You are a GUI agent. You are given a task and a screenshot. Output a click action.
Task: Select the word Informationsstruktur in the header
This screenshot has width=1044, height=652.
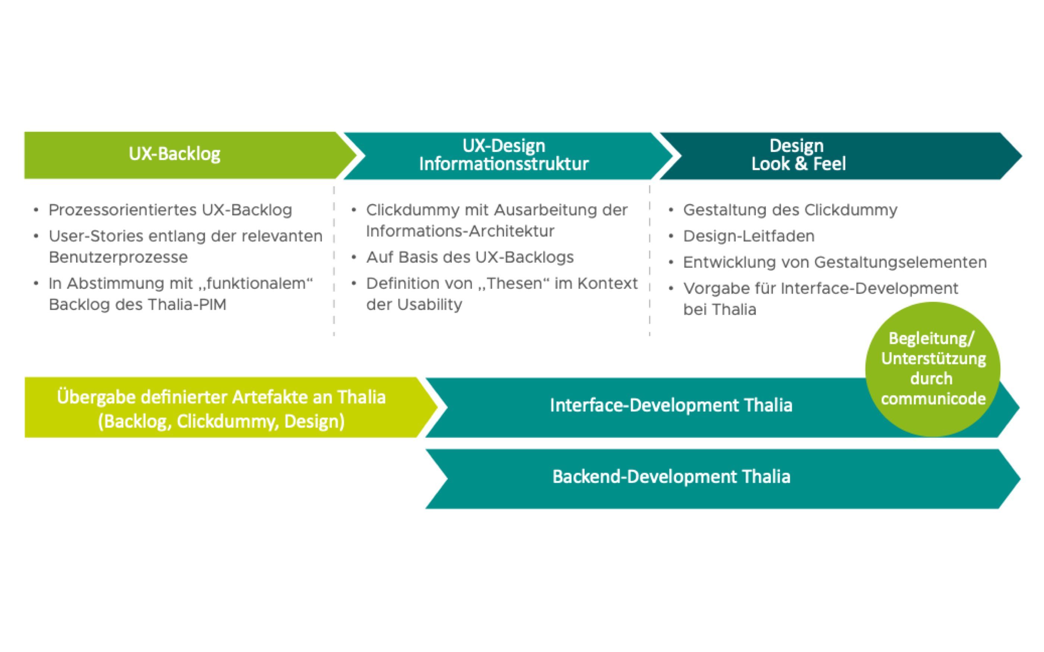pyautogui.click(x=503, y=164)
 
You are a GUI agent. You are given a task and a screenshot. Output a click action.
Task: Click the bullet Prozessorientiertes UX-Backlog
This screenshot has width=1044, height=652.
pyautogui.click(x=170, y=210)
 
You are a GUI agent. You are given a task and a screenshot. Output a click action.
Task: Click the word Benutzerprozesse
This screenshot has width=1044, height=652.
pyautogui.click(x=118, y=257)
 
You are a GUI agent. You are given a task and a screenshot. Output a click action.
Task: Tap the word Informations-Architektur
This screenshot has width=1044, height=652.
pyautogui.click(x=460, y=231)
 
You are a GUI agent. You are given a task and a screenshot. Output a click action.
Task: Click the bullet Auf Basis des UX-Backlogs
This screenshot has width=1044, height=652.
pyautogui.click(x=470, y=257)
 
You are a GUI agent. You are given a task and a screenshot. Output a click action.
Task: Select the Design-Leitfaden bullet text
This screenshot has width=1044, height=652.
pyautogui.click(x=748, y=236)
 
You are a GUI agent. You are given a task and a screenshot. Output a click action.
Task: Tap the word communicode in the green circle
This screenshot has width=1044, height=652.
pyautogui.click(x=933, y=398)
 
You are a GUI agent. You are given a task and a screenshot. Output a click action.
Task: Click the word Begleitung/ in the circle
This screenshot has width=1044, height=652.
pyautogui.click(x=931, y=339)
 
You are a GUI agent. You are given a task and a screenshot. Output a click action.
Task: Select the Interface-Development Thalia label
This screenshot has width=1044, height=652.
pyautogui.click(x=671, y=405)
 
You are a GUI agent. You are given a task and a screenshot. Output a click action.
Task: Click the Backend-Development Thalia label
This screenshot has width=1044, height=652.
pyautogui.click(x=671, y=477)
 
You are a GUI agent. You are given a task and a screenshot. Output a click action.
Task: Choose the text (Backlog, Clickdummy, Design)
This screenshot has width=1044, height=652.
pyautogui.click(x=221, y=421)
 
